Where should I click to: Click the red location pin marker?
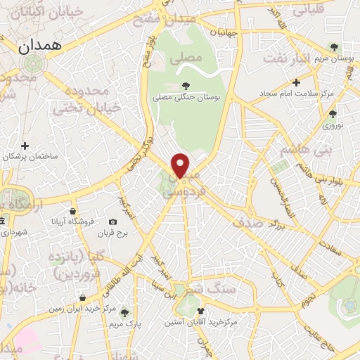pos(181,165)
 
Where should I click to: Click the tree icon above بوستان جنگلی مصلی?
pos(186,86)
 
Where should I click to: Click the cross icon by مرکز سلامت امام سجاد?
pos(296,82)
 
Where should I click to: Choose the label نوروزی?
pos(332,126)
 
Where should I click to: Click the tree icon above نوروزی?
pos(333,113)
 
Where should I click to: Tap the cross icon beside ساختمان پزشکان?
pos(25,146)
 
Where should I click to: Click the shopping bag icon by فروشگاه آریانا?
pos(73,210)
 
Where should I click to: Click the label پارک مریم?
pos(125,325)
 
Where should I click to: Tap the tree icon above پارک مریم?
pos(125,313)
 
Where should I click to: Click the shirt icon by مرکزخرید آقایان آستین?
pos(202,310)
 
